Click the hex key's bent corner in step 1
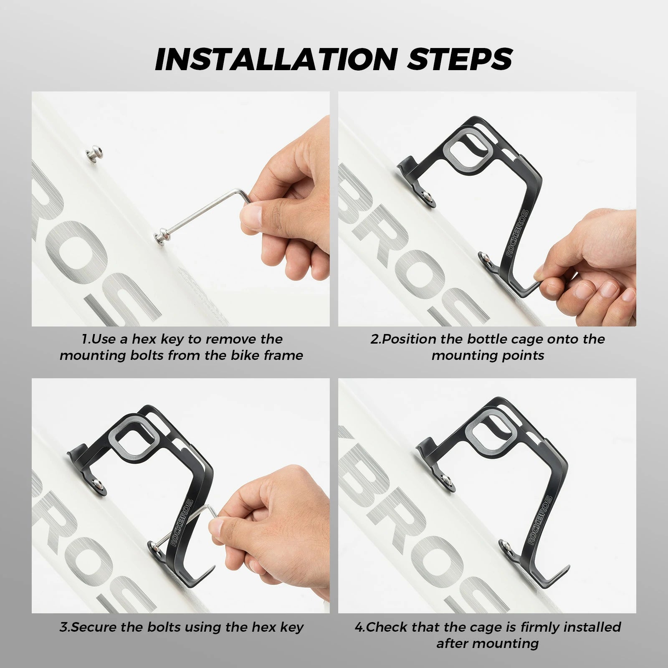[x=246, y=196]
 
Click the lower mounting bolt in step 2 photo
[x=484, y=256]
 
